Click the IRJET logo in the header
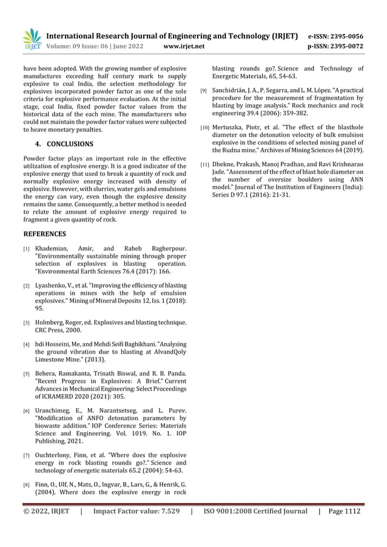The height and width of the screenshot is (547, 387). click(32, 39)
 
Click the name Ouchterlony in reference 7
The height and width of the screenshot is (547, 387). click(56, 455)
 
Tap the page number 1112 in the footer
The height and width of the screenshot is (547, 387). click(351, 511)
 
